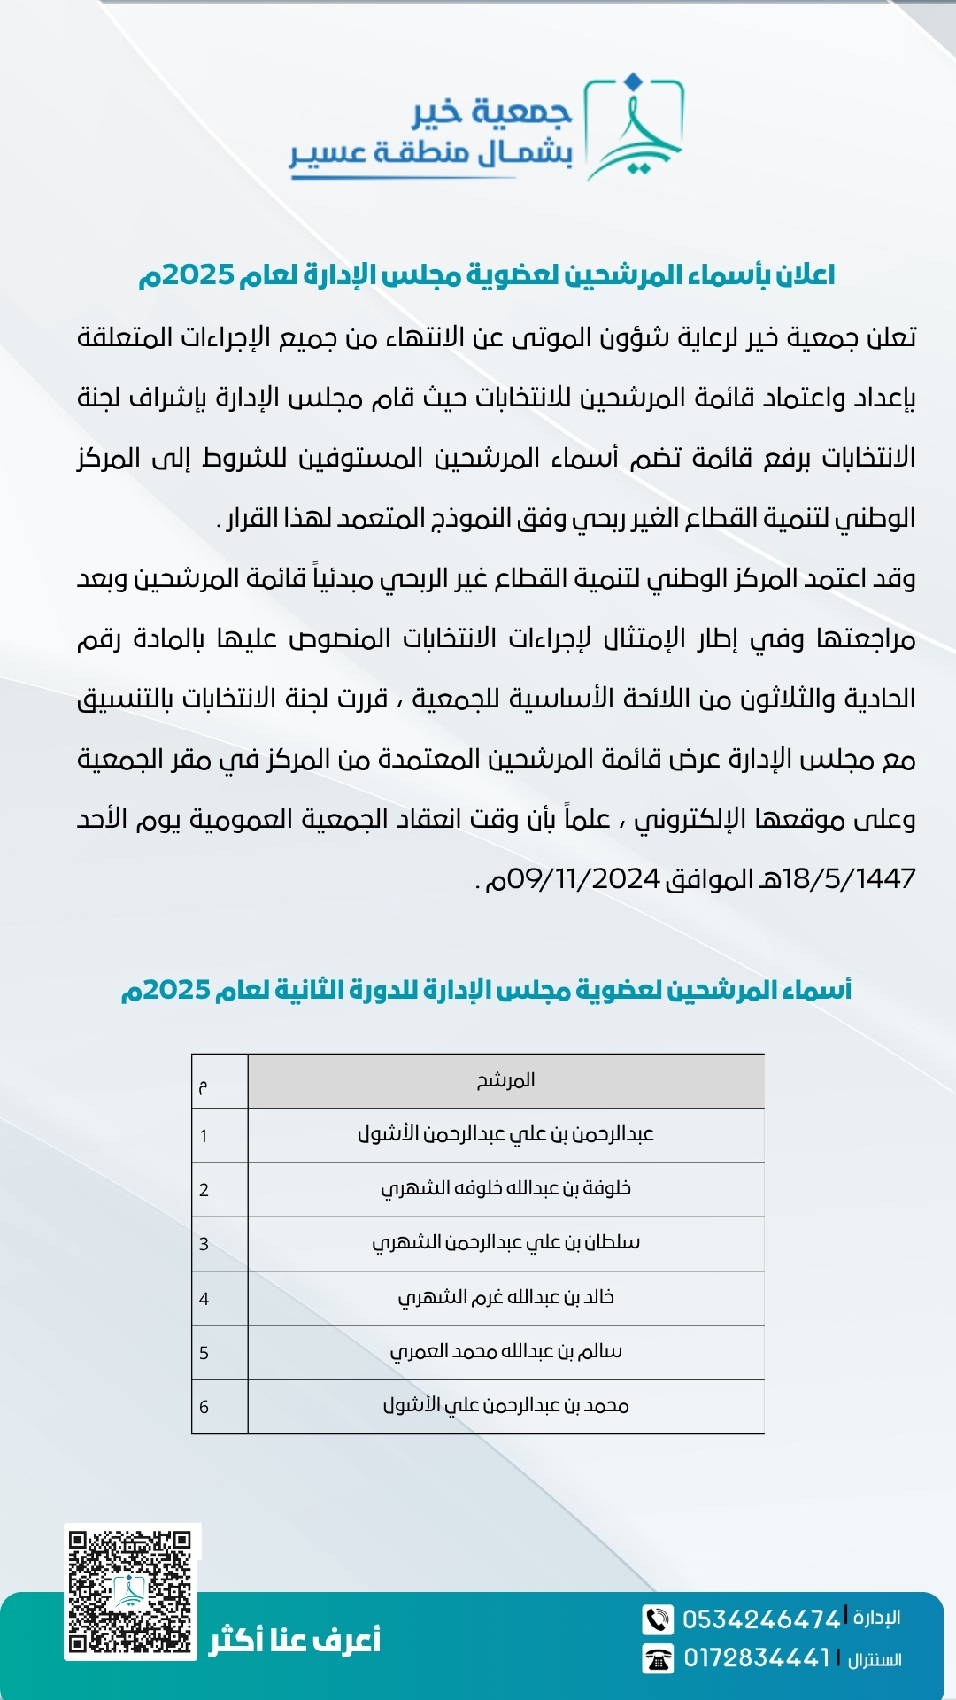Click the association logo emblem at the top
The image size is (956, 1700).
pos(634,127)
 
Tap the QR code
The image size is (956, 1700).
pos(131,1591)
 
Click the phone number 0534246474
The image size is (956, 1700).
pos(760,1619)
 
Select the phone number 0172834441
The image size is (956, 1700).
pos(757,1658)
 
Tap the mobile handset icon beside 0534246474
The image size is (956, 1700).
pos(658,1619)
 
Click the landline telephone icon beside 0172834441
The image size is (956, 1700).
pos(658,1658)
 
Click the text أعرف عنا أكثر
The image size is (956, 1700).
pos(295,1641)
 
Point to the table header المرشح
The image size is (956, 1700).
pos(505,1080)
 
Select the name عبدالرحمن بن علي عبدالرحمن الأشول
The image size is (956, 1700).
pos(505,1134)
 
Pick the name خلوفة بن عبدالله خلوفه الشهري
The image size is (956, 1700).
pos(505,1188)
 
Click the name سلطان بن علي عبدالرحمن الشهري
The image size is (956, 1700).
pos(505,1242)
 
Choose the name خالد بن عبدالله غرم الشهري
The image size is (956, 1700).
pos(505,1297)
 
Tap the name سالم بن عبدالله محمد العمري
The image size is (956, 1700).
pos(505,1351)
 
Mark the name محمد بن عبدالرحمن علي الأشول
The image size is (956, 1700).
pos(505,1405)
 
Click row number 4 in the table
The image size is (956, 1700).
pos(204,1299)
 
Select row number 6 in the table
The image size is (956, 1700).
pos(204,1407)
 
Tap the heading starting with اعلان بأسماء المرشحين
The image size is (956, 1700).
pos(486,275)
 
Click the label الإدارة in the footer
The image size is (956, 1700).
pos(876,1618)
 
